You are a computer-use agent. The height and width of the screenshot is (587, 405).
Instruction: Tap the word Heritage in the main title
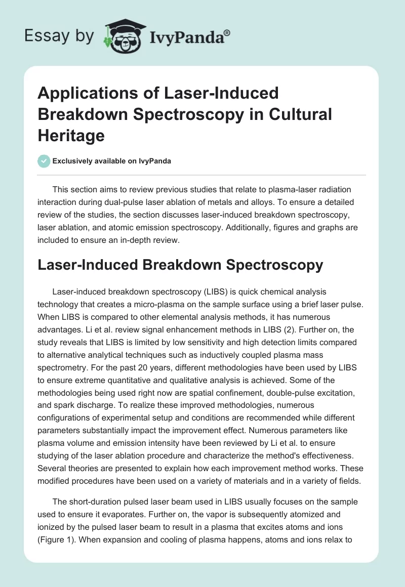pos(71,135)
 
